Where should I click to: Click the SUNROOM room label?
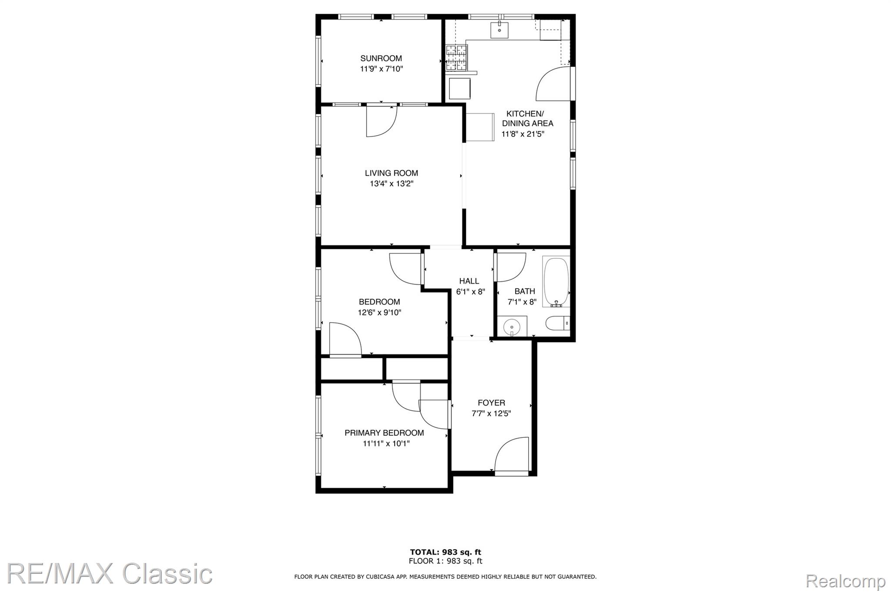381,58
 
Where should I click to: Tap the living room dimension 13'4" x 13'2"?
392,184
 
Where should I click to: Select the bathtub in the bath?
556,282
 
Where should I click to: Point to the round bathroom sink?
512,326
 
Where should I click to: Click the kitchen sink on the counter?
500,30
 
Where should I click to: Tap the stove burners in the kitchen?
456,58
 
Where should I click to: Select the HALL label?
469,281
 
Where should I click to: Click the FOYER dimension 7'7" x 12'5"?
491,413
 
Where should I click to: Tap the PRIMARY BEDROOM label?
384,433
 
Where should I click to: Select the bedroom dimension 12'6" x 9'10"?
379,312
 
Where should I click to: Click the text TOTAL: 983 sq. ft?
445,553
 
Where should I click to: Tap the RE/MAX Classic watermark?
110,573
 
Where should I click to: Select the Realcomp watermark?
846,581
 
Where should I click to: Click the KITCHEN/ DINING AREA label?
527,118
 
